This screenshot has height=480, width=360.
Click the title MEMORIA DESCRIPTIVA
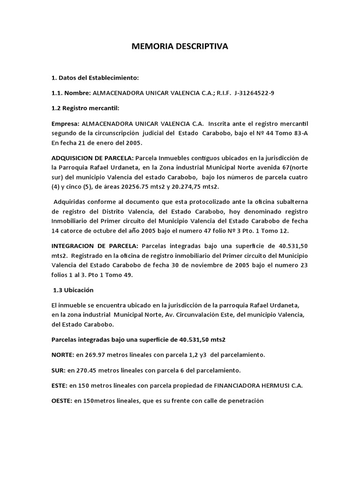point(180,46)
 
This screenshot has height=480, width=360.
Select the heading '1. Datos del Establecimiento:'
point(95,77)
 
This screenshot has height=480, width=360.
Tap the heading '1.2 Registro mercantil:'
point(85,108)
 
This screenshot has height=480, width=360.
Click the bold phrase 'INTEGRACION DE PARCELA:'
point(95,246)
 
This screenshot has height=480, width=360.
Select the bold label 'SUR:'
point(59,370)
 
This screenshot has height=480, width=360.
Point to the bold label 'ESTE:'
point(60,386)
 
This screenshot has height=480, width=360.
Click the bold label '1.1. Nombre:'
point(71,93)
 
